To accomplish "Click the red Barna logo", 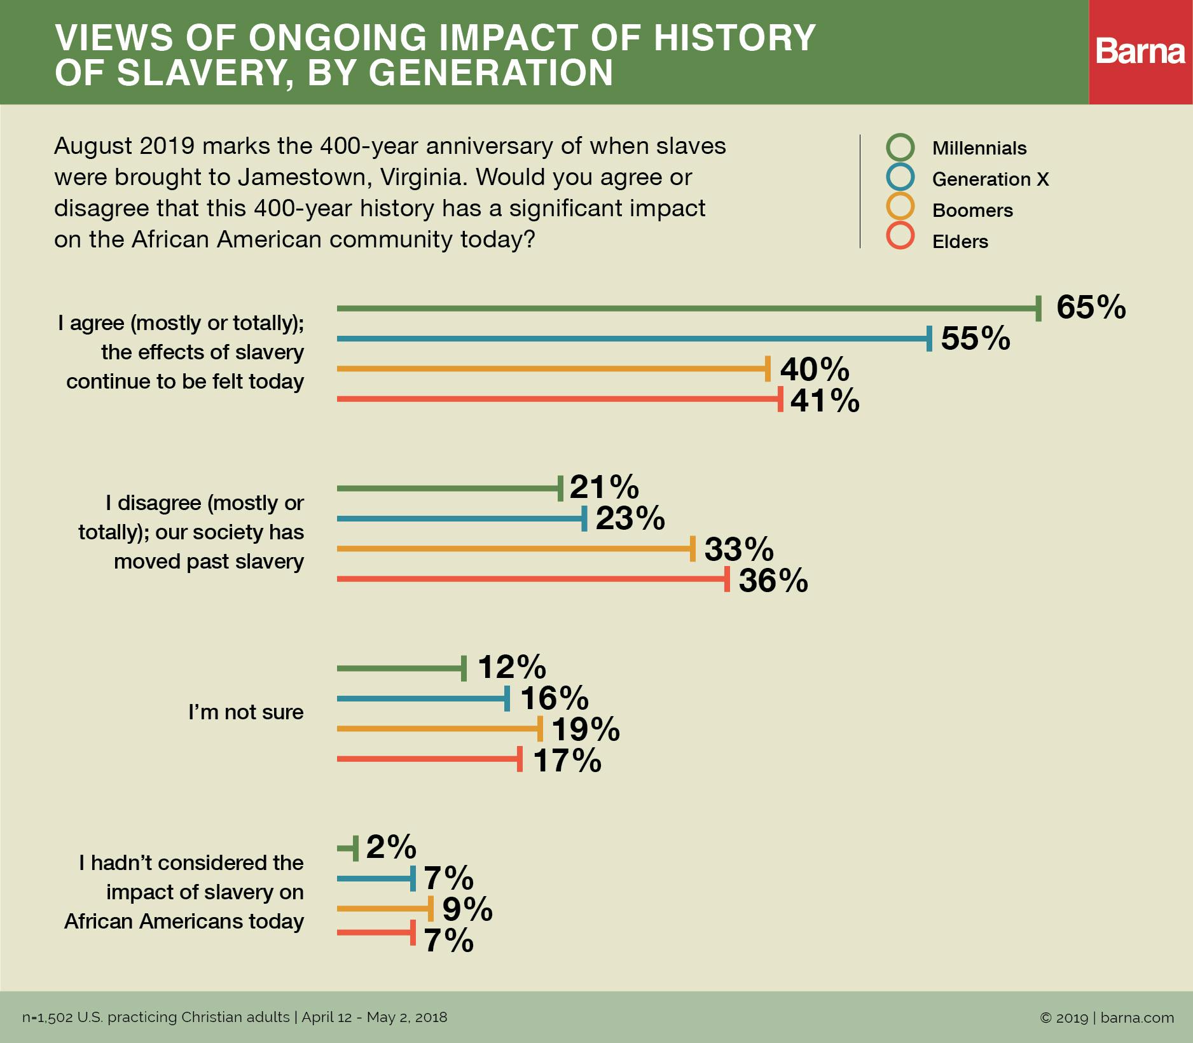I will tap(1140, 52).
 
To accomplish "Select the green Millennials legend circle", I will tap(900, 147).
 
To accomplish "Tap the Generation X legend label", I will tap(990, 179).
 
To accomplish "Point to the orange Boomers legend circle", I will tap(900, 207).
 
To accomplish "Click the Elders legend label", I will tap(960, 242).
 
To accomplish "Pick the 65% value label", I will tap(1091, 307).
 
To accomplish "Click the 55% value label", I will tap(975, 338).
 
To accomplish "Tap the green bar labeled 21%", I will tap(449, 488).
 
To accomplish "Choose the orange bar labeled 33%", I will tap(515, 548).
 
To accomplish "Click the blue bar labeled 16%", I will tap(423, 698).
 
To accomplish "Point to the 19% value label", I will tap(585, 729).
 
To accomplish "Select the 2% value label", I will tap(390, 847).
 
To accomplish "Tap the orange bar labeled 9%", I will tap(385, 909).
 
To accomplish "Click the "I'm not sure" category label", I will tap(245, 712).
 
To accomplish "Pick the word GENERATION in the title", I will tap(491, 73).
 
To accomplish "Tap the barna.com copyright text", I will tap(1107, 1018).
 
